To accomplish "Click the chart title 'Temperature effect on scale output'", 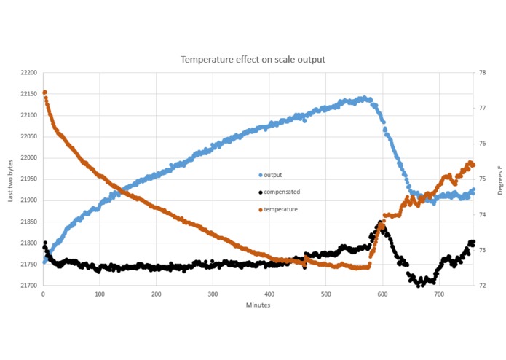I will (253, 59).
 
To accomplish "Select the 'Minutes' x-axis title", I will (258, 305).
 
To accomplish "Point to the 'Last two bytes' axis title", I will (10, 179).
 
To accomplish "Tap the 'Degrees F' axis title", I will (499, 179).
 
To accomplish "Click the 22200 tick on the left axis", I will (30, 73).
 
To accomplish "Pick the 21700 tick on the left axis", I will (30, 286).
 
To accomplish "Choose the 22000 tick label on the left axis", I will (30, 158).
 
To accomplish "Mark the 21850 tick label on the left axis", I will (30, 222).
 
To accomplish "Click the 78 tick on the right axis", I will (481, 73).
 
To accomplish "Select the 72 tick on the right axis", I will (481, 286).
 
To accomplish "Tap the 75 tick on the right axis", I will (481, 179).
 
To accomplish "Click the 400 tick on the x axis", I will (269, 294).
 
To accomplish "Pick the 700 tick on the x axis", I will (439, 294).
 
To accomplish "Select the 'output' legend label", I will (273, 175).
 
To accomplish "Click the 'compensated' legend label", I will (282, 192).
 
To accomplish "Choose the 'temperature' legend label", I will (280, 209).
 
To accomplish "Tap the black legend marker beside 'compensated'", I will (260, 192).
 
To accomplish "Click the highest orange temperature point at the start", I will (44, 93).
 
